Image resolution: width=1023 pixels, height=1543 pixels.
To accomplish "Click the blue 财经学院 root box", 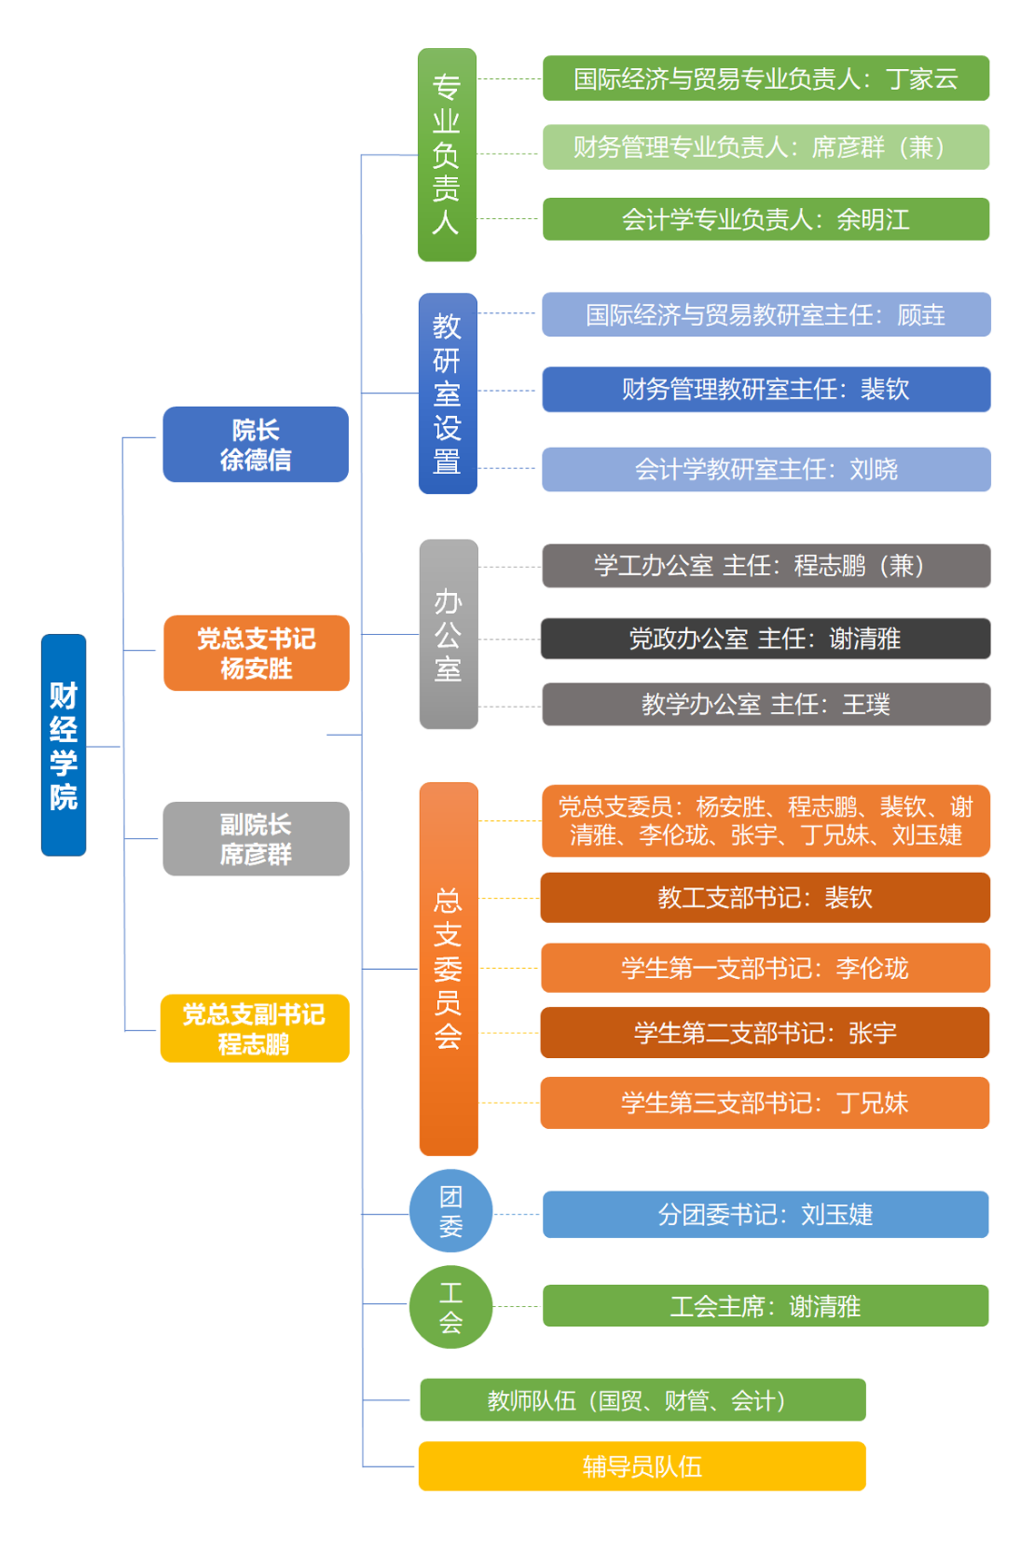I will [64, 745].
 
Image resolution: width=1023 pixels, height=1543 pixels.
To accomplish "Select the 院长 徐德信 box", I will [255, 444].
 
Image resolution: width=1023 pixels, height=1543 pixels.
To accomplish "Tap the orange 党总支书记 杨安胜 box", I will [256, 653].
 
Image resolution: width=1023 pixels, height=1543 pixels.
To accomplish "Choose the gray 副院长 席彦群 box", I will [256, 838].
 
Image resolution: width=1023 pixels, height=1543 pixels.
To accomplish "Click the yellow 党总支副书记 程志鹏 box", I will [254, 1028].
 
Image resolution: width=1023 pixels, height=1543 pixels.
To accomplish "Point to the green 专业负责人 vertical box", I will [447, 154].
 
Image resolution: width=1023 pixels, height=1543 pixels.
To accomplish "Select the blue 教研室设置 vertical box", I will [448, 393].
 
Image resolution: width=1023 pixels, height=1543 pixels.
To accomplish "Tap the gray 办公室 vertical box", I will [449, 634].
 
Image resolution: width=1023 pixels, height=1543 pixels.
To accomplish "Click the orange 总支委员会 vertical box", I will [449, 968].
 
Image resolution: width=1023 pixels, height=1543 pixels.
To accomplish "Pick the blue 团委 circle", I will [451, 1211].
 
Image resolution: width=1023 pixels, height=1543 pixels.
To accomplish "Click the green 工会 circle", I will [451, 1306].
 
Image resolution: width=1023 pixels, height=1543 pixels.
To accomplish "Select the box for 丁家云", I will [766, 78].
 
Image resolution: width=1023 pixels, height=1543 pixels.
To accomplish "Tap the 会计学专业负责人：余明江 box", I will [766, 219].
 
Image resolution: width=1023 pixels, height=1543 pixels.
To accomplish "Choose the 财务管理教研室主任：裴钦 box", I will [766, 389].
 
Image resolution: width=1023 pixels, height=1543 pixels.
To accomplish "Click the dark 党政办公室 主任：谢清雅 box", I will [766, 638].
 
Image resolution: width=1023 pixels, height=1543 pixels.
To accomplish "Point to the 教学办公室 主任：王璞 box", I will [766, 704].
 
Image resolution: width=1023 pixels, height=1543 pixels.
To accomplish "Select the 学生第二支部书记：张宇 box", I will [765, 1033].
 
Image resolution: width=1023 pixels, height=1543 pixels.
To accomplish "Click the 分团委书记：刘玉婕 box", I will [766, 1214].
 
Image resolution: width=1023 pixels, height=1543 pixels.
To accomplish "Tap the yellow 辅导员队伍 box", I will [642, 1466].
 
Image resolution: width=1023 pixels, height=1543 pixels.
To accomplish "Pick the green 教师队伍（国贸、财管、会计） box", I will [642, 1400].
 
